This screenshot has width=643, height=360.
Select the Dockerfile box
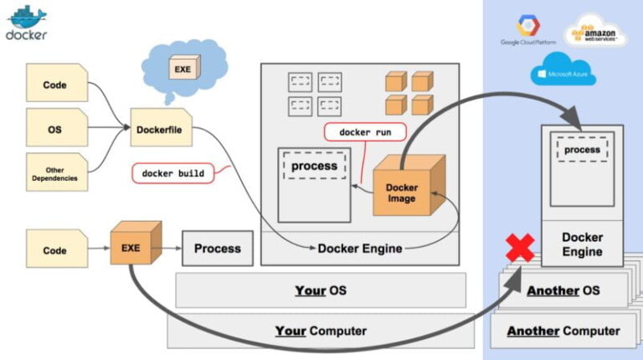160,129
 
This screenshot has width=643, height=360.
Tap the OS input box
56,129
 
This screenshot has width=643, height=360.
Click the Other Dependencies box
56,172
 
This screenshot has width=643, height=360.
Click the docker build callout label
173,173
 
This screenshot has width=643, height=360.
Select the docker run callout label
364,132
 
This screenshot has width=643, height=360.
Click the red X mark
520,249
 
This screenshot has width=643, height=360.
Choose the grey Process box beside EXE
217,249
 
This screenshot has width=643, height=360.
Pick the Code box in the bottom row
56,250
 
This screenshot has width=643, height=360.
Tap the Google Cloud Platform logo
528,31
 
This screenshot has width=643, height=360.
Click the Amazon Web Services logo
595,31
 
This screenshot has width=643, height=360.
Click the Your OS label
321,291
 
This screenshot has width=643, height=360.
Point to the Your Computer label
321,331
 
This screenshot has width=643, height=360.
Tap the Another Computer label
563,331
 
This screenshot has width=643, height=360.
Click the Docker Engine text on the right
582,244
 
